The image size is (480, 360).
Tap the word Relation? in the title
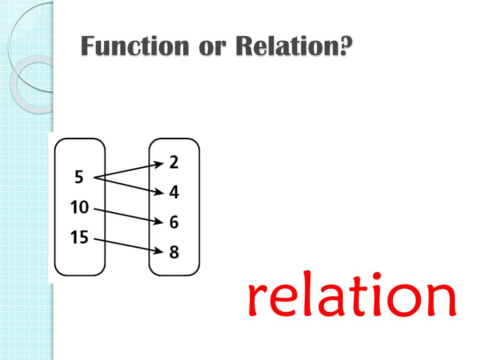[290, 47]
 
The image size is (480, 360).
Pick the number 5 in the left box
[79, 178]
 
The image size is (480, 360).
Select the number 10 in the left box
[79, 207]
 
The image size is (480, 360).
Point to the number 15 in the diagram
[79, 238]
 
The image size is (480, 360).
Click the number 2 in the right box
[174, 162]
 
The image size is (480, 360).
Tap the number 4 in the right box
[174, 192]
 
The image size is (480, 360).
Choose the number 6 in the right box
[174, 222]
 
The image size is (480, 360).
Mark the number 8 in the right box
[174, 252]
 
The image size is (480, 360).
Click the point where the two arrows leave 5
[96, 177]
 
